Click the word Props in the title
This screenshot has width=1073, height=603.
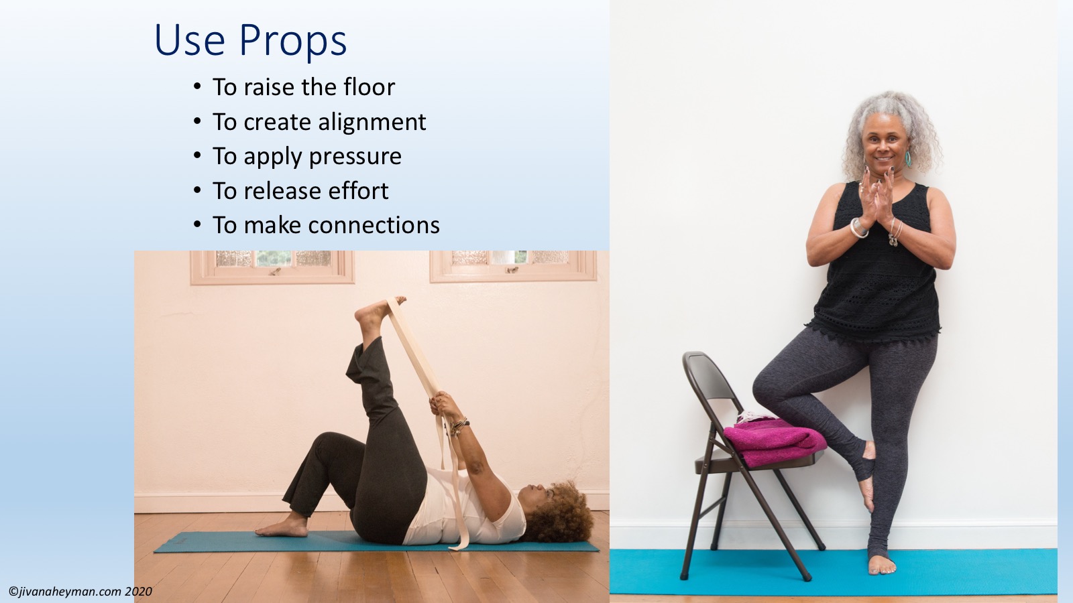pos(292,41)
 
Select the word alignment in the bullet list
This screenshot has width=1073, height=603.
pos(372,123)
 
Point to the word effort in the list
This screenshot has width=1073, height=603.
pos(358,190)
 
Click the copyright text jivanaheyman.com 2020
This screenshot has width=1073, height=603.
pos(80,592)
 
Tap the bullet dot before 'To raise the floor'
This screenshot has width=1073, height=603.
pos(197,87)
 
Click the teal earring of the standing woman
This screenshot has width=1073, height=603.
pos(907,158)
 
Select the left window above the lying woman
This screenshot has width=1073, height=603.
pos(272,267)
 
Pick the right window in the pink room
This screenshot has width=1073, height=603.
pos(512,266)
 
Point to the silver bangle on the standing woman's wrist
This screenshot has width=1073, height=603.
pos(860,228)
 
